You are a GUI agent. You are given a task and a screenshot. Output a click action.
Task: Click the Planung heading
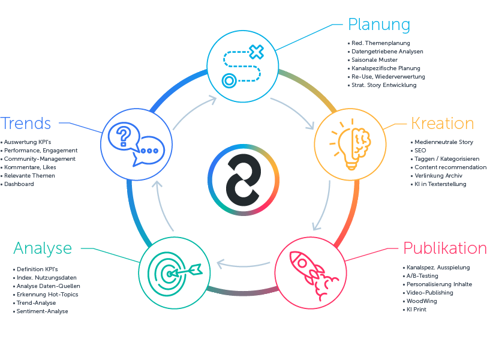379,25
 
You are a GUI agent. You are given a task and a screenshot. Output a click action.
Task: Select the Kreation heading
442,124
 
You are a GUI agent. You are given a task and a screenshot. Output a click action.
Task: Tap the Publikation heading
444,248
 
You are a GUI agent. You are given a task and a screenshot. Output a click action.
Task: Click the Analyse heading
43,248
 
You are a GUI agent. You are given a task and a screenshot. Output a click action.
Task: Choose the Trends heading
26,124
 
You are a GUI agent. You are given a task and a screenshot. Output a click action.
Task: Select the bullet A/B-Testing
423,276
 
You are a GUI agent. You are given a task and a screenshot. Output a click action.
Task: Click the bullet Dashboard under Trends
19,184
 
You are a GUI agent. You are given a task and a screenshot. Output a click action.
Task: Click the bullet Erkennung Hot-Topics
47,295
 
